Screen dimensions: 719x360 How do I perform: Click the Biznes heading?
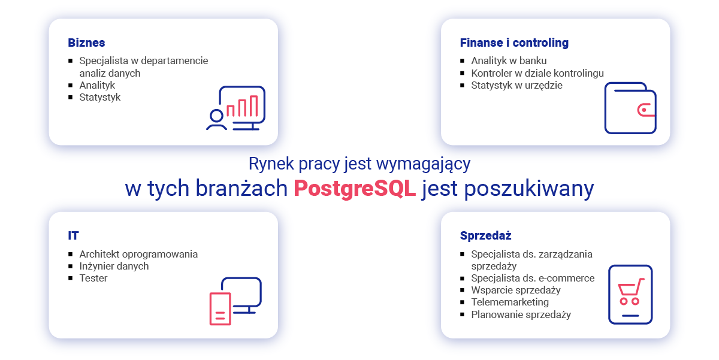[86, 43]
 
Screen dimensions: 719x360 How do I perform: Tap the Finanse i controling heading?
[514, 43]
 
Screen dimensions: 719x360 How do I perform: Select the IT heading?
[73, 235]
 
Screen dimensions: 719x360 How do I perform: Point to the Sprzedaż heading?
[486, 235]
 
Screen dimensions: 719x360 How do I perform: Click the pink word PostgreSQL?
[355, 188]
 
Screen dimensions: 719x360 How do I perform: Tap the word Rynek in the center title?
[271, 164]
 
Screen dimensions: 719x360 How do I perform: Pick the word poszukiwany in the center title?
[529, 188]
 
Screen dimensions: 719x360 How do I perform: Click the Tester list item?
[93, 278]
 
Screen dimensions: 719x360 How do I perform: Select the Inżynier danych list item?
[114, 266]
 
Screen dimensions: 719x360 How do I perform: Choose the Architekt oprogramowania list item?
[138, 254]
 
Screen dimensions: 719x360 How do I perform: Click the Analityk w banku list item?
[509, 60]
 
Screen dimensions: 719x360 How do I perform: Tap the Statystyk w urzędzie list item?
[516, 85]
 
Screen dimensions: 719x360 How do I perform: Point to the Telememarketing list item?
[510, 302]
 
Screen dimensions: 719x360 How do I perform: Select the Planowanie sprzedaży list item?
[521, 314]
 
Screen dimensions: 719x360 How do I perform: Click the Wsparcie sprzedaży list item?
[516, 290]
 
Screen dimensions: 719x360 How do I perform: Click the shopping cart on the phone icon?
[631, 291]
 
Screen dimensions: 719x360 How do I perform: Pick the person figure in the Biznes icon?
[216, 120]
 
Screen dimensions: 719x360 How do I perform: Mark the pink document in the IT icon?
[220, 308]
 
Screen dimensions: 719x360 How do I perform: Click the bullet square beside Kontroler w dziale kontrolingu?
[462, 73]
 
